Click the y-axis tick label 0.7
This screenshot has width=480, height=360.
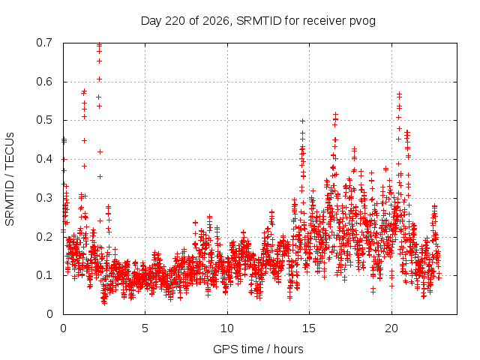[x=44, y=43]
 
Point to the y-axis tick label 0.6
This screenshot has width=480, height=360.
[x=44, y=82]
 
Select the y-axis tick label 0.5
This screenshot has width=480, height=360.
[x=44, y=120]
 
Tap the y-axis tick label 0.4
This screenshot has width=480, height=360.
[x=44, y=159]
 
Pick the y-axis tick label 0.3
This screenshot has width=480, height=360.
[x=44, y=198]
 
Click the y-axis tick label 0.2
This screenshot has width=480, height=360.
[x=44, y=237]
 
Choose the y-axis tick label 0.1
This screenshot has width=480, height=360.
[x=44, y=275]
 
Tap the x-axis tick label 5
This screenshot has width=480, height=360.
[x=145, y=328]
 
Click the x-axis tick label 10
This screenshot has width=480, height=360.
[x=227, y=328]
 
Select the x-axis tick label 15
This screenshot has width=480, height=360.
[x=309, y=328]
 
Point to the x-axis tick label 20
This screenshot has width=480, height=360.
[x=391, y=328]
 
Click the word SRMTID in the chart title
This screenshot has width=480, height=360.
[x=259, y=21]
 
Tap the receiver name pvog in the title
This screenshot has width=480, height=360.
[x=362, y=22]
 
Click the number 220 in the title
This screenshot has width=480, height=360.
[x=175, y=21]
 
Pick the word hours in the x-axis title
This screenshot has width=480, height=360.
[x=288, y=349]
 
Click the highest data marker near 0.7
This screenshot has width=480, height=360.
[x=99, y=45]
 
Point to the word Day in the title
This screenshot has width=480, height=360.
[x=151, y=22]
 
